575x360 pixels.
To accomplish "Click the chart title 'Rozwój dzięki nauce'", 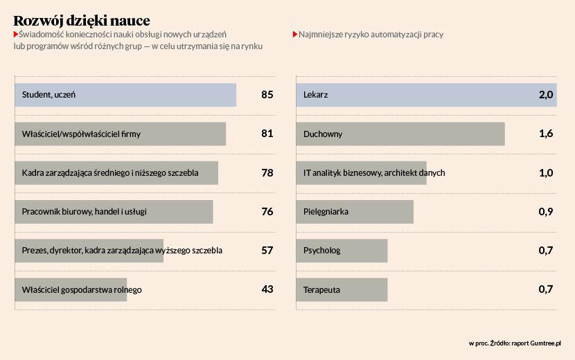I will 82,21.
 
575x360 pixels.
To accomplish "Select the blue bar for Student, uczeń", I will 125,95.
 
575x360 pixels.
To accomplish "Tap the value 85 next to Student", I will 267,95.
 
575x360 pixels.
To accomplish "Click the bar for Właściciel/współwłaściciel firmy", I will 120,134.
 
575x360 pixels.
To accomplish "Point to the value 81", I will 267,134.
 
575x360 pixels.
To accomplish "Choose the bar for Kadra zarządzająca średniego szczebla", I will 116,172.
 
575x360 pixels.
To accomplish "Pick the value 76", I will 267,211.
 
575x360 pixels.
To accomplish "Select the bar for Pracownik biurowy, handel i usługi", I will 113,211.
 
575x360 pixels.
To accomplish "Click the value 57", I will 267,250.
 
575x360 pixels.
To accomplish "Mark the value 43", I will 267,289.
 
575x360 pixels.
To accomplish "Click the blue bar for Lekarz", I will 426,95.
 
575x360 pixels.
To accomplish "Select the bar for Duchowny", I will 400,134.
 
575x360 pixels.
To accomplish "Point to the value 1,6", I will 546,134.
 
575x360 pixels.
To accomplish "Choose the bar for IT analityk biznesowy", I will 361,172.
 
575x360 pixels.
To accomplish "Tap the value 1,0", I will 546,172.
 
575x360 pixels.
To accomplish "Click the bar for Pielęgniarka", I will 354,211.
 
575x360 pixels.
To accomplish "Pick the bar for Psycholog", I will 341,250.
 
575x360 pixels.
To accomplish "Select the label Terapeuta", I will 321,289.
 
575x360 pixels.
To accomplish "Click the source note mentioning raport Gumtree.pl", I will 514,343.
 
